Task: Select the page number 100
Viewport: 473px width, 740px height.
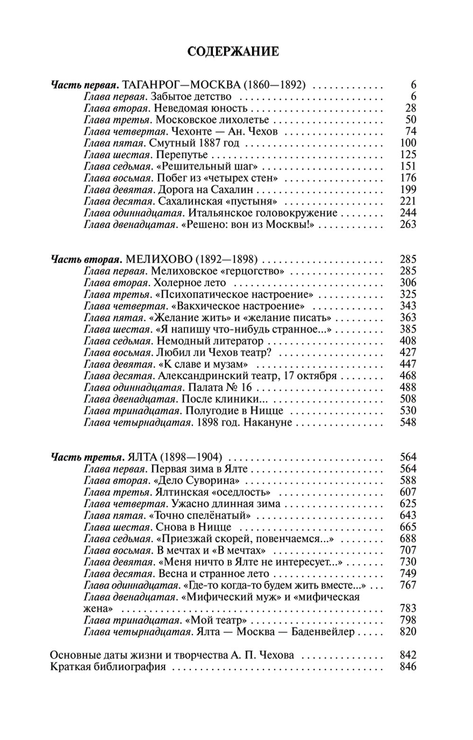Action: pyautogui.click(x=407, y=143)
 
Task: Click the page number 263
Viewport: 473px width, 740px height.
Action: pyautogui.click(x=407, y=224)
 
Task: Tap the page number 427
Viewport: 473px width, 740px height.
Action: pyautogui.click(x=407, y=352)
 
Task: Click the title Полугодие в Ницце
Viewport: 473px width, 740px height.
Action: pyautogui.click(x=234, y=411)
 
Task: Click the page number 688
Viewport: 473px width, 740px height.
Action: pyautogui.click(x=407, y=539)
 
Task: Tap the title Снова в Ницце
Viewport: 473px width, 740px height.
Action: pyautogui.click(x=191, y=527)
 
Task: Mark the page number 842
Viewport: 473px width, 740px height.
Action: pyautogui.click(x=407, y=655)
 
